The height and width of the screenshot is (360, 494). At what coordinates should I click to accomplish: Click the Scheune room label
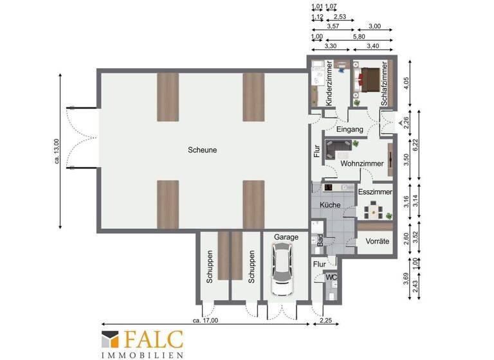tap(202, 150)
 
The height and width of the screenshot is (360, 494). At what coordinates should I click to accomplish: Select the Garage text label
tap(286, 237)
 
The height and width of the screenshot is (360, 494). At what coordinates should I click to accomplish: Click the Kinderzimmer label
tap(328, 84)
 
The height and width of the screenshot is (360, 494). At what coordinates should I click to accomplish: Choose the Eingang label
tap(350, 129)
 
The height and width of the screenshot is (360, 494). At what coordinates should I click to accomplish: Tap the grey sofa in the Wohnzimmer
tap(336, 150)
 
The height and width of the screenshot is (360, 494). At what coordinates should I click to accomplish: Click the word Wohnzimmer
tap(362, 164)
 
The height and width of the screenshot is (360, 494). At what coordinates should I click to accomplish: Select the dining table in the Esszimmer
tap(373, 211)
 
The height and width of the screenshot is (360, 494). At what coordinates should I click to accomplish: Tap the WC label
tap(331, 277)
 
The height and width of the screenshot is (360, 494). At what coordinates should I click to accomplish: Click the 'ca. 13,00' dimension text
tap(57, 150)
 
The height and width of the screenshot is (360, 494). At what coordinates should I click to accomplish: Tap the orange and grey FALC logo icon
tap(109, 339)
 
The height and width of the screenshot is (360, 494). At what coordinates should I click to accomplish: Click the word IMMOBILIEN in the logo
tap(142, 354)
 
